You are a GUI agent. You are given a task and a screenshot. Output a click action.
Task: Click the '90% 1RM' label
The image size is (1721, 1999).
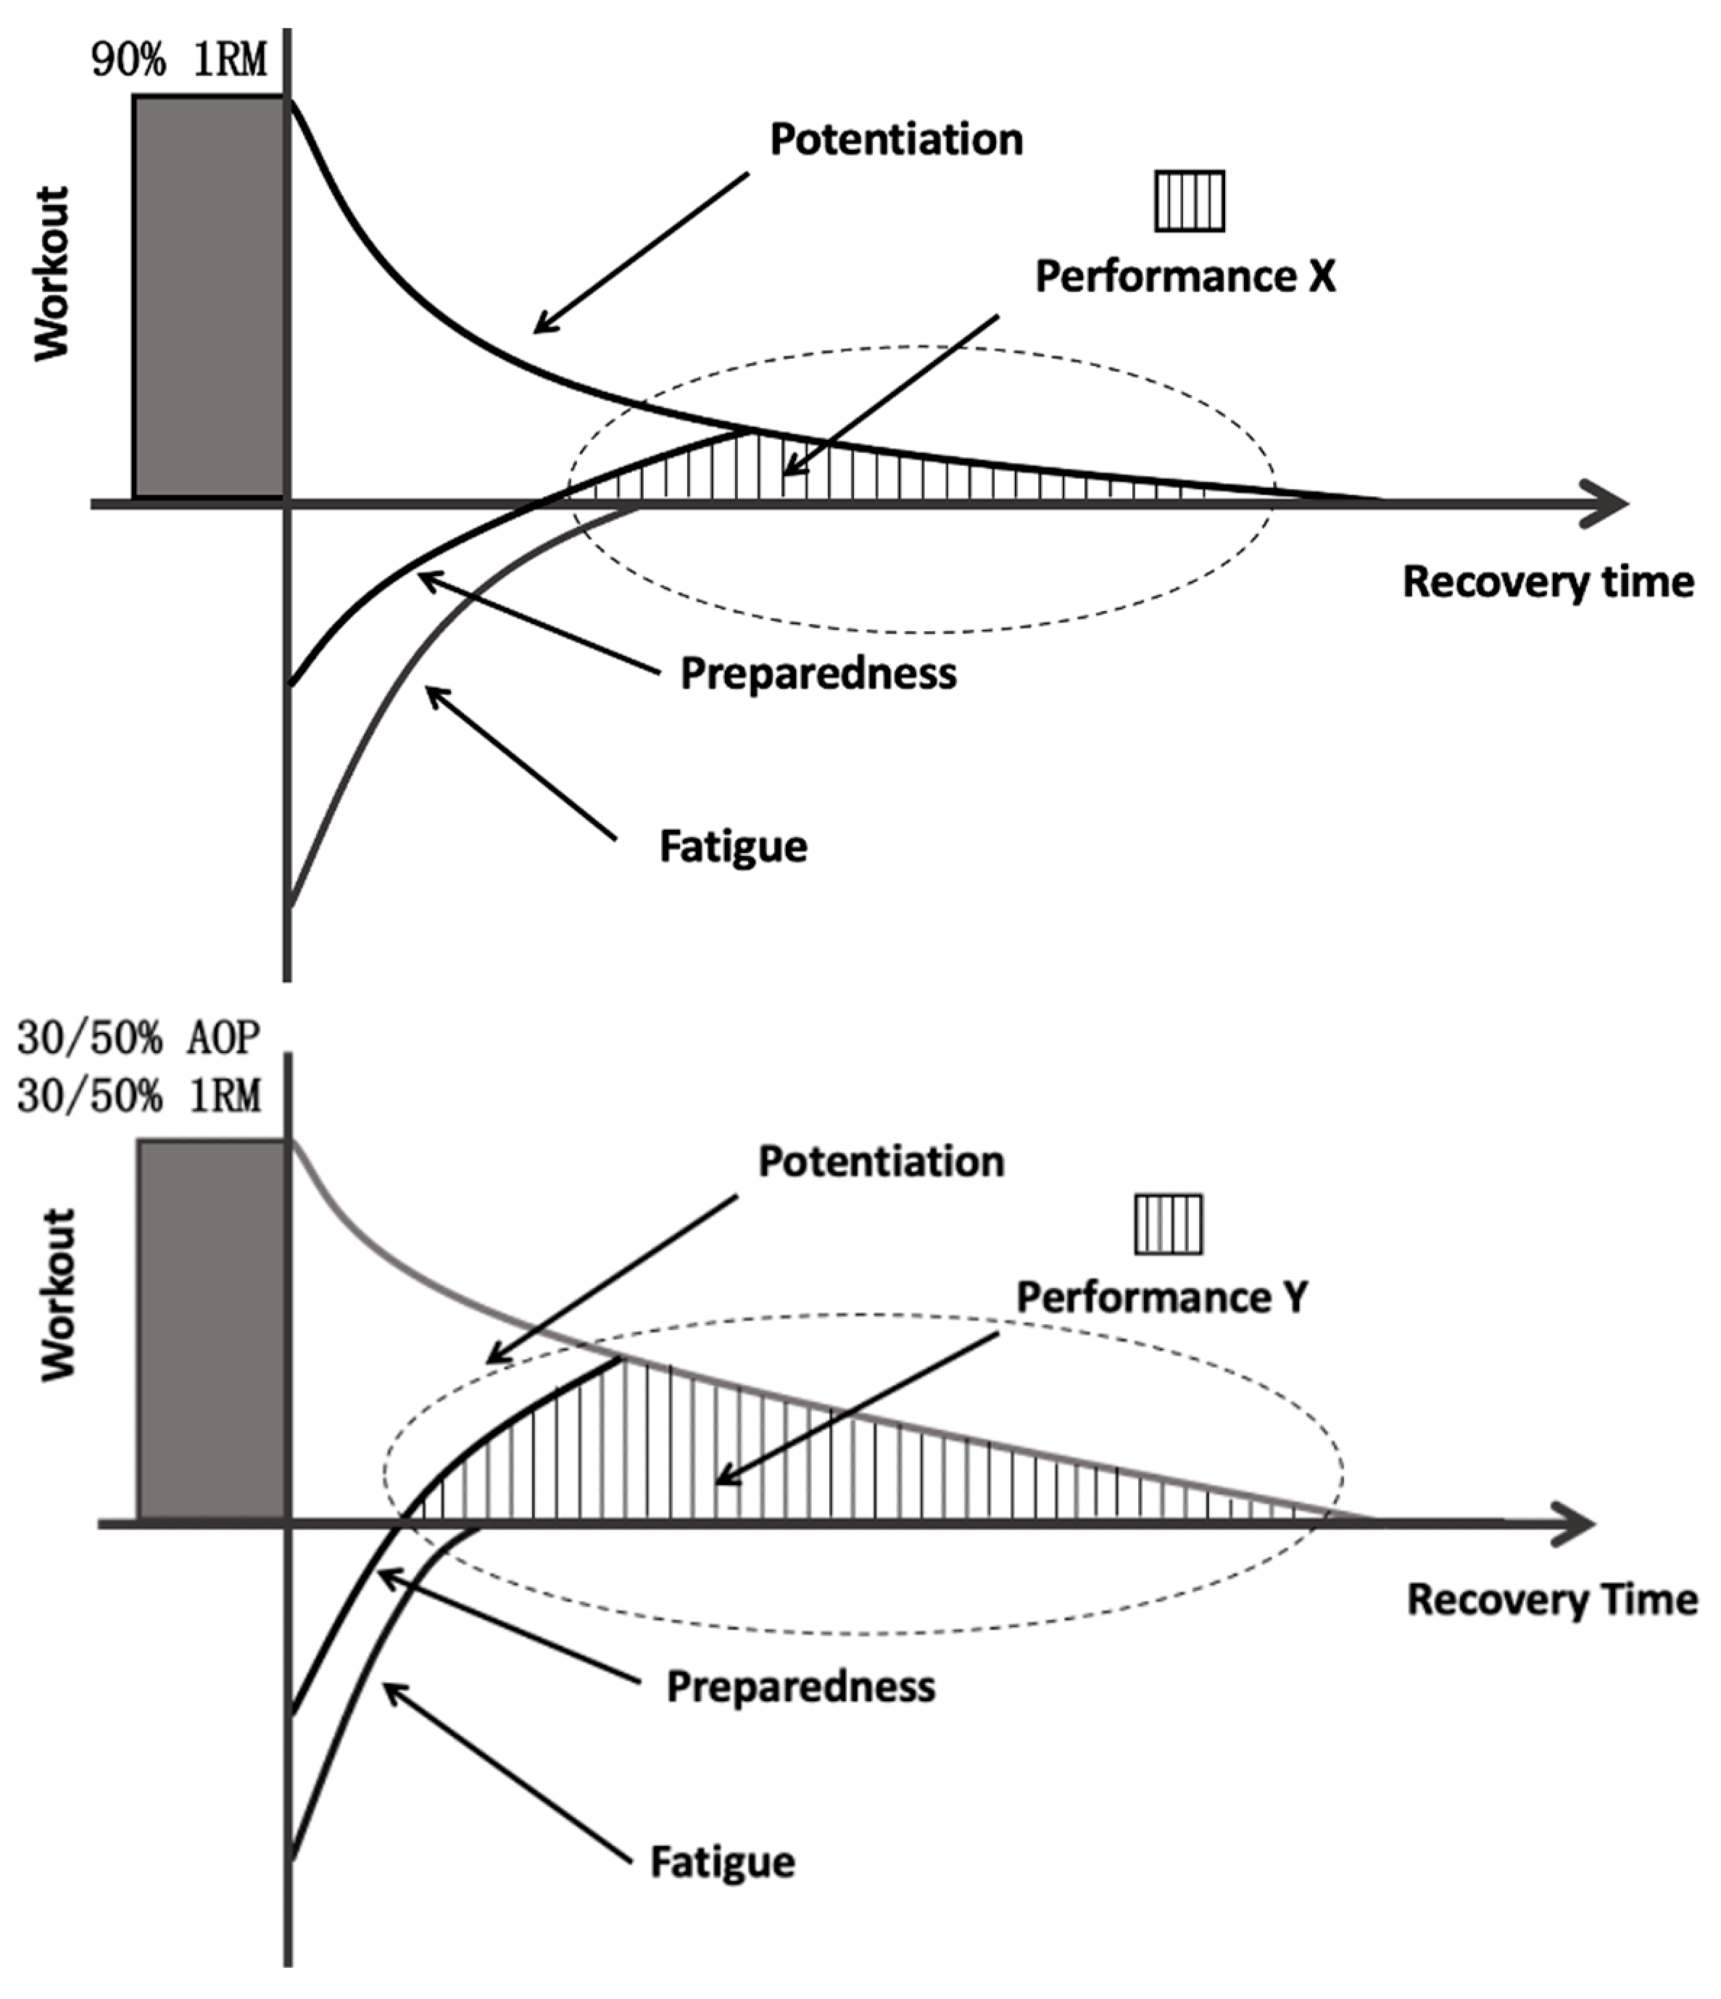(180, 62)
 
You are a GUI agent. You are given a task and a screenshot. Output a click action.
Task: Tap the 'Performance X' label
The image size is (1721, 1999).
(1185, 277)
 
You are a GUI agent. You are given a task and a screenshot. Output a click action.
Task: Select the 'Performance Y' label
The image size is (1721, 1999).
(1161, 1297)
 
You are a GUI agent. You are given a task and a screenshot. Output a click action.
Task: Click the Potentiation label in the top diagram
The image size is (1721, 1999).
(896, 140)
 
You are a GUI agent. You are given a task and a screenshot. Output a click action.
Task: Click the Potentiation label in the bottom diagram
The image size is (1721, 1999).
(881, 1162)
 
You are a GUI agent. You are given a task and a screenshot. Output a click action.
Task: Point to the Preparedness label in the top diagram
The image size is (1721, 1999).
(818, 673)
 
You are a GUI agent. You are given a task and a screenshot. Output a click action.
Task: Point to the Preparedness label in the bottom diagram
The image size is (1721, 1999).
(800, 1687)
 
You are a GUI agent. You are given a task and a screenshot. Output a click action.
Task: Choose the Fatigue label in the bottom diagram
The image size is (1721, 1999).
(723, 1862)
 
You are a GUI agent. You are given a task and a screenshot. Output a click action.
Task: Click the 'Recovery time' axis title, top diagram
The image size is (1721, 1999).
(1547, 582)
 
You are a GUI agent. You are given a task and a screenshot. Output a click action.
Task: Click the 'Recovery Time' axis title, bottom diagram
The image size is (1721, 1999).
(1552, 1600)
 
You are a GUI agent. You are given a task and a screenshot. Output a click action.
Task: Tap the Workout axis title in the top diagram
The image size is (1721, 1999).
(52, 274)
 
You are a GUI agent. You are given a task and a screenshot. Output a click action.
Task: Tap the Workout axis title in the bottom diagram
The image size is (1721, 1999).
(58, 1294)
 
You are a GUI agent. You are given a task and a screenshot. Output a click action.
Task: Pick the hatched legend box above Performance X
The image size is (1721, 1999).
(1190, 201)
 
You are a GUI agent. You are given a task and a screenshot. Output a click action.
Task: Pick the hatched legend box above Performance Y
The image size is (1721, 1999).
(1168, 1224)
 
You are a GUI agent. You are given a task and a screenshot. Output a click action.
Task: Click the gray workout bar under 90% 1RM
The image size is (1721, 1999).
(208, 297)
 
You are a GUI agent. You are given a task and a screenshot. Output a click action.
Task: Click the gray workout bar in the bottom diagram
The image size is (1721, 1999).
(213, 1331)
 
